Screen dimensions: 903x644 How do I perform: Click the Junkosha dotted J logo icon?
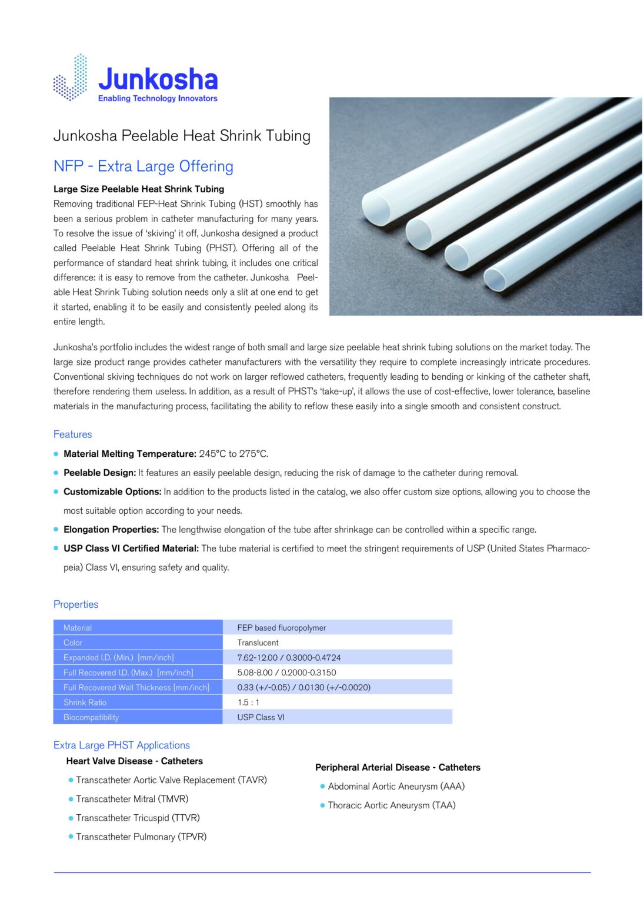71,78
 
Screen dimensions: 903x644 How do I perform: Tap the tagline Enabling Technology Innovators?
158,99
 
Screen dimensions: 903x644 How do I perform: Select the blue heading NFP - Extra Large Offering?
143,166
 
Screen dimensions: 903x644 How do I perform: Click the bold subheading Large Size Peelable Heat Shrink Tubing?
139,189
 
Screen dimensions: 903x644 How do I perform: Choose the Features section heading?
72,434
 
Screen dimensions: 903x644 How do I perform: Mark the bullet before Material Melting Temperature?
56,454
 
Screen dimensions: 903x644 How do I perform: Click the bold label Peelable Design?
99,473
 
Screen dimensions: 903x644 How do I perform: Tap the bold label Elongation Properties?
111,530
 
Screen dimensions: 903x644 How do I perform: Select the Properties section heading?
76,604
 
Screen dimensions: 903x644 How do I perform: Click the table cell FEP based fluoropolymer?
282,628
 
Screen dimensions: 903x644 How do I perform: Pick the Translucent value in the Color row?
258,643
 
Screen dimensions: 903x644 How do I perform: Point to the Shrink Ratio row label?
85,703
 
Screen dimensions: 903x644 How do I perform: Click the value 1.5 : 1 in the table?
248,703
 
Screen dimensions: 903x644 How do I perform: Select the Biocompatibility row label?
91,717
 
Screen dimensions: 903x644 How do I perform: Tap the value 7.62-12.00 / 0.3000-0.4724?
289,658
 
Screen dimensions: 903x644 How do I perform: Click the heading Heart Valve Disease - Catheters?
134,761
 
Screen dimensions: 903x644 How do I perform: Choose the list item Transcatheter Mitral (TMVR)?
132,799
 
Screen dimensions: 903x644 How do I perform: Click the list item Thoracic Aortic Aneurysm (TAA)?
392,805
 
